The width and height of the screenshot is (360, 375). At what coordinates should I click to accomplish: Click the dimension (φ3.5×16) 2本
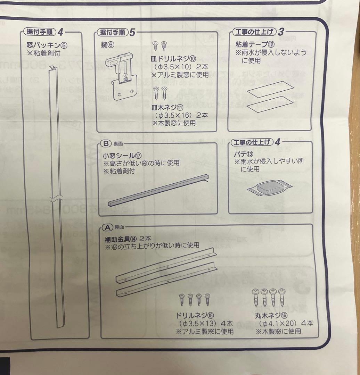180,115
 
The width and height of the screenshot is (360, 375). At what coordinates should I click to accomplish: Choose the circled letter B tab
105,143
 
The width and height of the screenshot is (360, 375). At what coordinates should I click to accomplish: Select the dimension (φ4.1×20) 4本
285,323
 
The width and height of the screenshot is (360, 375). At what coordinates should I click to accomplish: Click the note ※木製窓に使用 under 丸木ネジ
278,331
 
